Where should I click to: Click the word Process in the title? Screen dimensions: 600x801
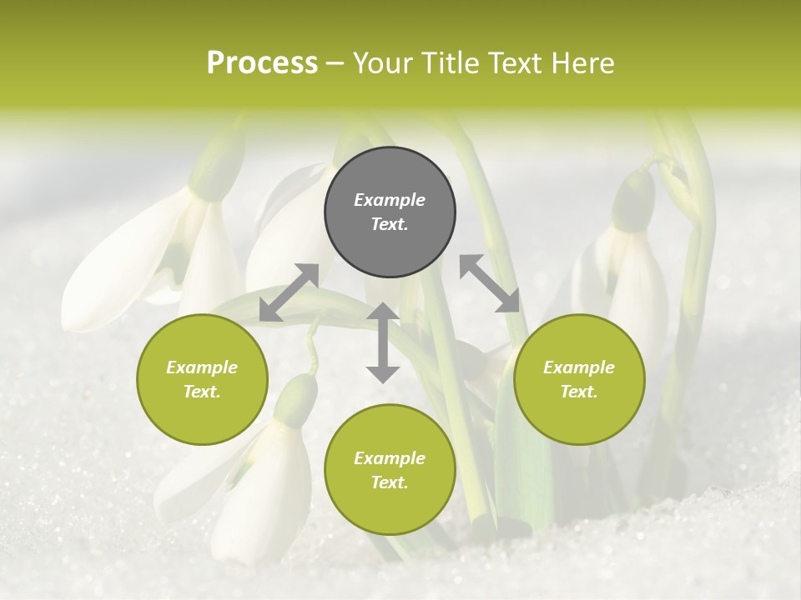pos(262,63)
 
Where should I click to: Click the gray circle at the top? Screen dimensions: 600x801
pos(390,212)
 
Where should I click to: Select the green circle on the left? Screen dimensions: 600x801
pos(202,379)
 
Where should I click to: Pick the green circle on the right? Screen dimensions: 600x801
pos(579,379)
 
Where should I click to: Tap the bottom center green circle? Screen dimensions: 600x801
pos(390,469)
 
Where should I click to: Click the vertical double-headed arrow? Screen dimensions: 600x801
pos(383,342)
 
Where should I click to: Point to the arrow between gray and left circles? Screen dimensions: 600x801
pos(289,292)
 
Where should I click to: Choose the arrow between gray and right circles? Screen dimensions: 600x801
pos(490,283)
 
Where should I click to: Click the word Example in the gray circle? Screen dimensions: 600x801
pos(390,200)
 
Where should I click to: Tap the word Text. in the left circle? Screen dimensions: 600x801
pos(202,392)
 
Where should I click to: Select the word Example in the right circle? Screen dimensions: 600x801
pos(579,367)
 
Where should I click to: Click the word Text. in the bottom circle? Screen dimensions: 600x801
pos(390,482)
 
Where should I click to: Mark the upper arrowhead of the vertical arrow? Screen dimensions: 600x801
pos(383,312)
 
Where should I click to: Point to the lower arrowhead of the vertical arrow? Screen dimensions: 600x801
pos(383,374)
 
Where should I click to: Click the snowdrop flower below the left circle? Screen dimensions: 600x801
pos(267,475)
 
